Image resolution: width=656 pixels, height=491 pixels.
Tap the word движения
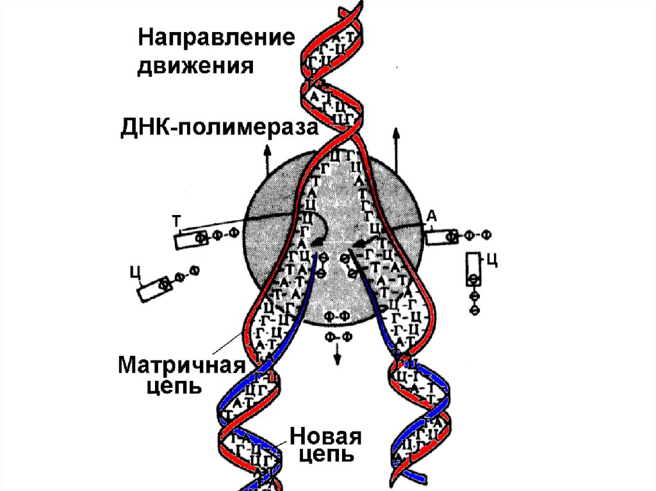coord(196,65)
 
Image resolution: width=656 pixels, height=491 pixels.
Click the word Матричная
coord(181,366)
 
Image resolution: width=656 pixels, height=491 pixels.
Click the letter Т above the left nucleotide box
coord(176,220)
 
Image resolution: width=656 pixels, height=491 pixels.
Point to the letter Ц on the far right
coord(492,260)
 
